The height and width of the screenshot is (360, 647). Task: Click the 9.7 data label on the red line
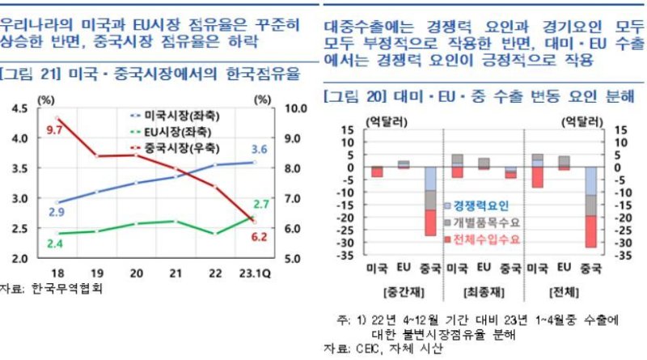54,129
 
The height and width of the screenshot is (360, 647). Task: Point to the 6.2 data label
259,237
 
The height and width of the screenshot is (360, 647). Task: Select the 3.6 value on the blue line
259,149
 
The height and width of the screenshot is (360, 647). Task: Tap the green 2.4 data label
55,244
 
